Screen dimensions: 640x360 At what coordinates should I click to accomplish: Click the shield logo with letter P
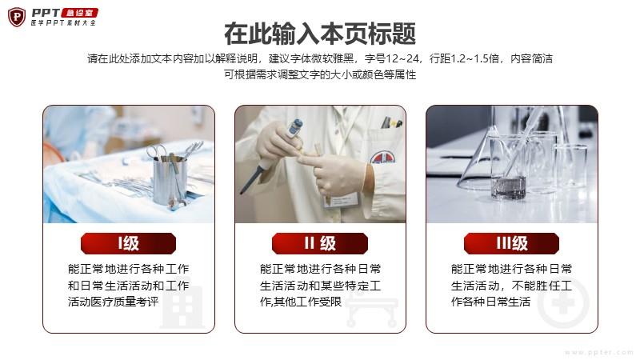point(17,17)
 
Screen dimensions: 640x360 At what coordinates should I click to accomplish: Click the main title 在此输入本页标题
point(320,34)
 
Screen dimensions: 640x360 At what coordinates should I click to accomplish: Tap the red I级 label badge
point(128,244)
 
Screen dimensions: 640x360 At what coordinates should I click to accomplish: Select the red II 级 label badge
point(320,244)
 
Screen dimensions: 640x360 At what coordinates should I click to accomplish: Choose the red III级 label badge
point(511,244)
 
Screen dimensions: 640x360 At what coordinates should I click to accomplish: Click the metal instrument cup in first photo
point(170,179)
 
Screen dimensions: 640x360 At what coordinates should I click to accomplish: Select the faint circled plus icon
point(563,303)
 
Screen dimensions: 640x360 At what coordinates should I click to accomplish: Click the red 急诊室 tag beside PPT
point(79,13)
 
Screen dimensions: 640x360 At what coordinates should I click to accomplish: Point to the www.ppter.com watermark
point(598,352)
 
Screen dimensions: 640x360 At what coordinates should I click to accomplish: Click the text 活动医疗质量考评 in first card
point(113,302)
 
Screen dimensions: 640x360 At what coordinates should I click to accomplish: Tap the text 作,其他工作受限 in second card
point(301,302)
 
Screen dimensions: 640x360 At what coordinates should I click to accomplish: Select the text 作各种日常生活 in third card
point(490,302)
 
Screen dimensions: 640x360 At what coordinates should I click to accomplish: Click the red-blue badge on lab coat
point(382,157)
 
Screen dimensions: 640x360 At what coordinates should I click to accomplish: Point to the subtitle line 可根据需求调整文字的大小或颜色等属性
point(320,74)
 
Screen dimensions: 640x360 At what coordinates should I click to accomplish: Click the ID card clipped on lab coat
point(342,200)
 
